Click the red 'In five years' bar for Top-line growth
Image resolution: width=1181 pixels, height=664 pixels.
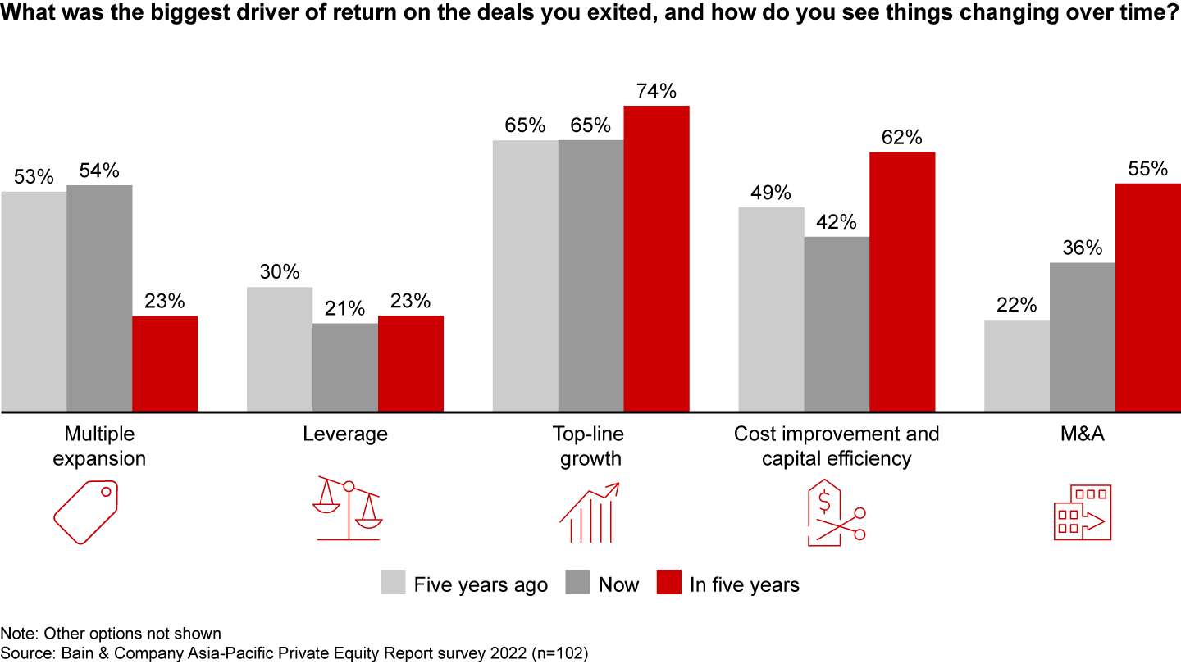pyautogui.click(x=656, y=258)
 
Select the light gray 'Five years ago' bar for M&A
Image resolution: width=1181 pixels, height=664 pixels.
pyautogui.click(x=1016, y=366)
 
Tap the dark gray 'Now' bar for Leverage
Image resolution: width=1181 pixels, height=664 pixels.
pyautogui.click(x=344, y=367)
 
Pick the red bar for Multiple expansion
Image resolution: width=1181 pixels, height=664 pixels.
pyautogui.click(x=165, y=363)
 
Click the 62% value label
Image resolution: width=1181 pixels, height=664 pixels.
pyautogui.click(x=902, y=137)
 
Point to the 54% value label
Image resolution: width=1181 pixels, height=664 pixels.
pyautogui.click(x=99, y=171)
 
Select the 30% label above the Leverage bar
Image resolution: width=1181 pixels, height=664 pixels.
pyautogui.click(x=280, y=272)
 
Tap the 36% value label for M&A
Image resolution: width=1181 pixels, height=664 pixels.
pyautogui.click(x=1083, y=248)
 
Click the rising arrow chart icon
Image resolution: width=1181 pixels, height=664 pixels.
pyautogui.click(x=589, y=513)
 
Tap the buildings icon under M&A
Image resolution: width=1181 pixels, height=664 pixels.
pyautogui.click(x=1082, y=512)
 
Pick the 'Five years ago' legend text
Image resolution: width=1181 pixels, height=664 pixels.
pyautogui.click(x=481, y=584)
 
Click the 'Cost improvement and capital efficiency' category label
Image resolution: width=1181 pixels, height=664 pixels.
pyautogui.click(x=837, y=445)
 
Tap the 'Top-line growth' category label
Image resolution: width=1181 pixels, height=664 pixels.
pyautogui.click(x=590, y=445)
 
